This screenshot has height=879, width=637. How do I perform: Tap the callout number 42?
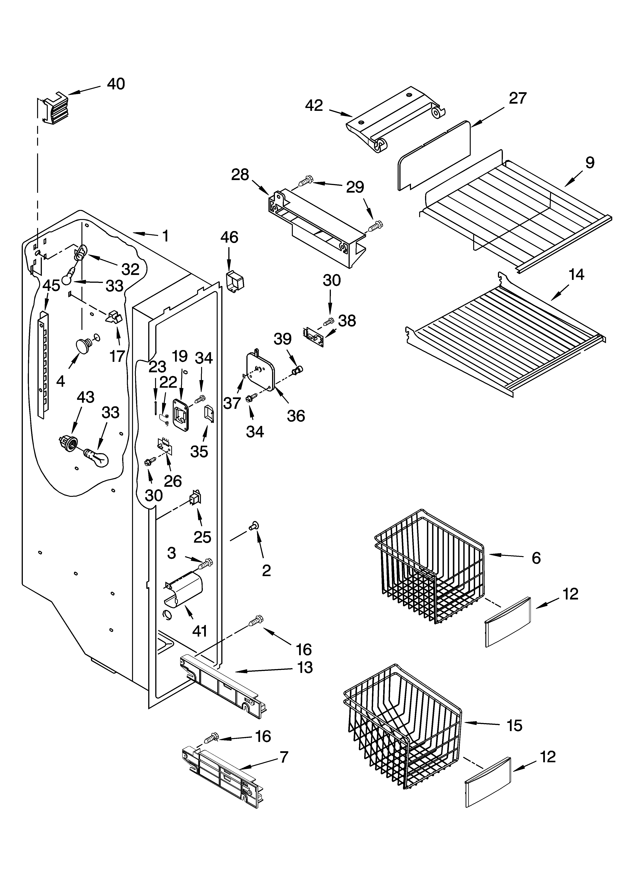(314, 105)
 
